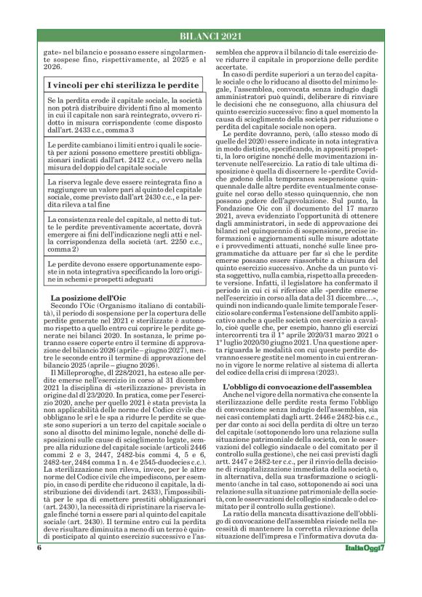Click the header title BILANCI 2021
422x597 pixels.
212,37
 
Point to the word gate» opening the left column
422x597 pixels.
55,55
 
